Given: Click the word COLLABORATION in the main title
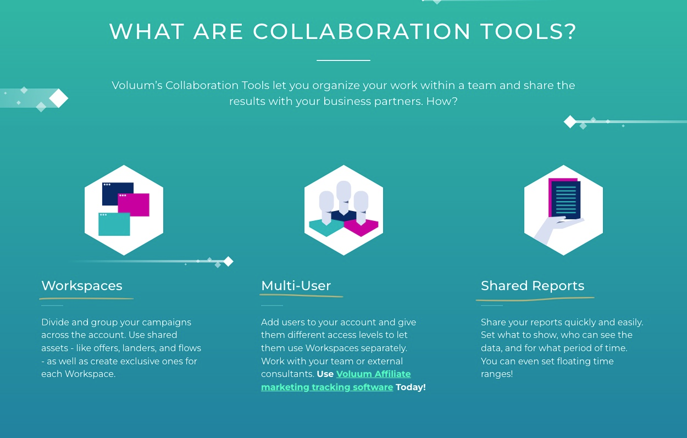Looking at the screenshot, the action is pyautogui.click(x=362, y=31).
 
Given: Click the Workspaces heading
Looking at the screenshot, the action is pyautogui.click(x=82, y=286).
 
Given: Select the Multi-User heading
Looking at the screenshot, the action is pyautogui.click(x=296, y=286).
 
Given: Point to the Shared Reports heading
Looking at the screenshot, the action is pyautogui.click(x=533, y=286).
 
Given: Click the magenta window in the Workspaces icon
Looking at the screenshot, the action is pyautogui.click(x=134, y=204).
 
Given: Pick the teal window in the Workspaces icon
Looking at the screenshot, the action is pyautogui.click(x=114, y=224).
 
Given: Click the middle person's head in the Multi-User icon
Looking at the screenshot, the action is pyautogui.click(x=343, y=190).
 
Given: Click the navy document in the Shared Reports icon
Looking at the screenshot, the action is pyautogui.click(x=566, y=199).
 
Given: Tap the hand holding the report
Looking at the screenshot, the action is pyautogui.click(x=555, y=229).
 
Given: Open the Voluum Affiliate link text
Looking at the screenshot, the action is pyautogui.click(x=373, y=374).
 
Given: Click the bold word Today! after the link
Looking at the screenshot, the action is pyautogui.click(x=411, y=387).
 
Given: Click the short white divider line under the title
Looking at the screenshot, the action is pyautogui.click(x=343, y=60).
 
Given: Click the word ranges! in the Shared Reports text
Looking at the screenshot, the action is pyautogui.click(x=497, y=374).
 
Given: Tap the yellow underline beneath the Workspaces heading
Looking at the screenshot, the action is pyautogui.click(x=86, y=298).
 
